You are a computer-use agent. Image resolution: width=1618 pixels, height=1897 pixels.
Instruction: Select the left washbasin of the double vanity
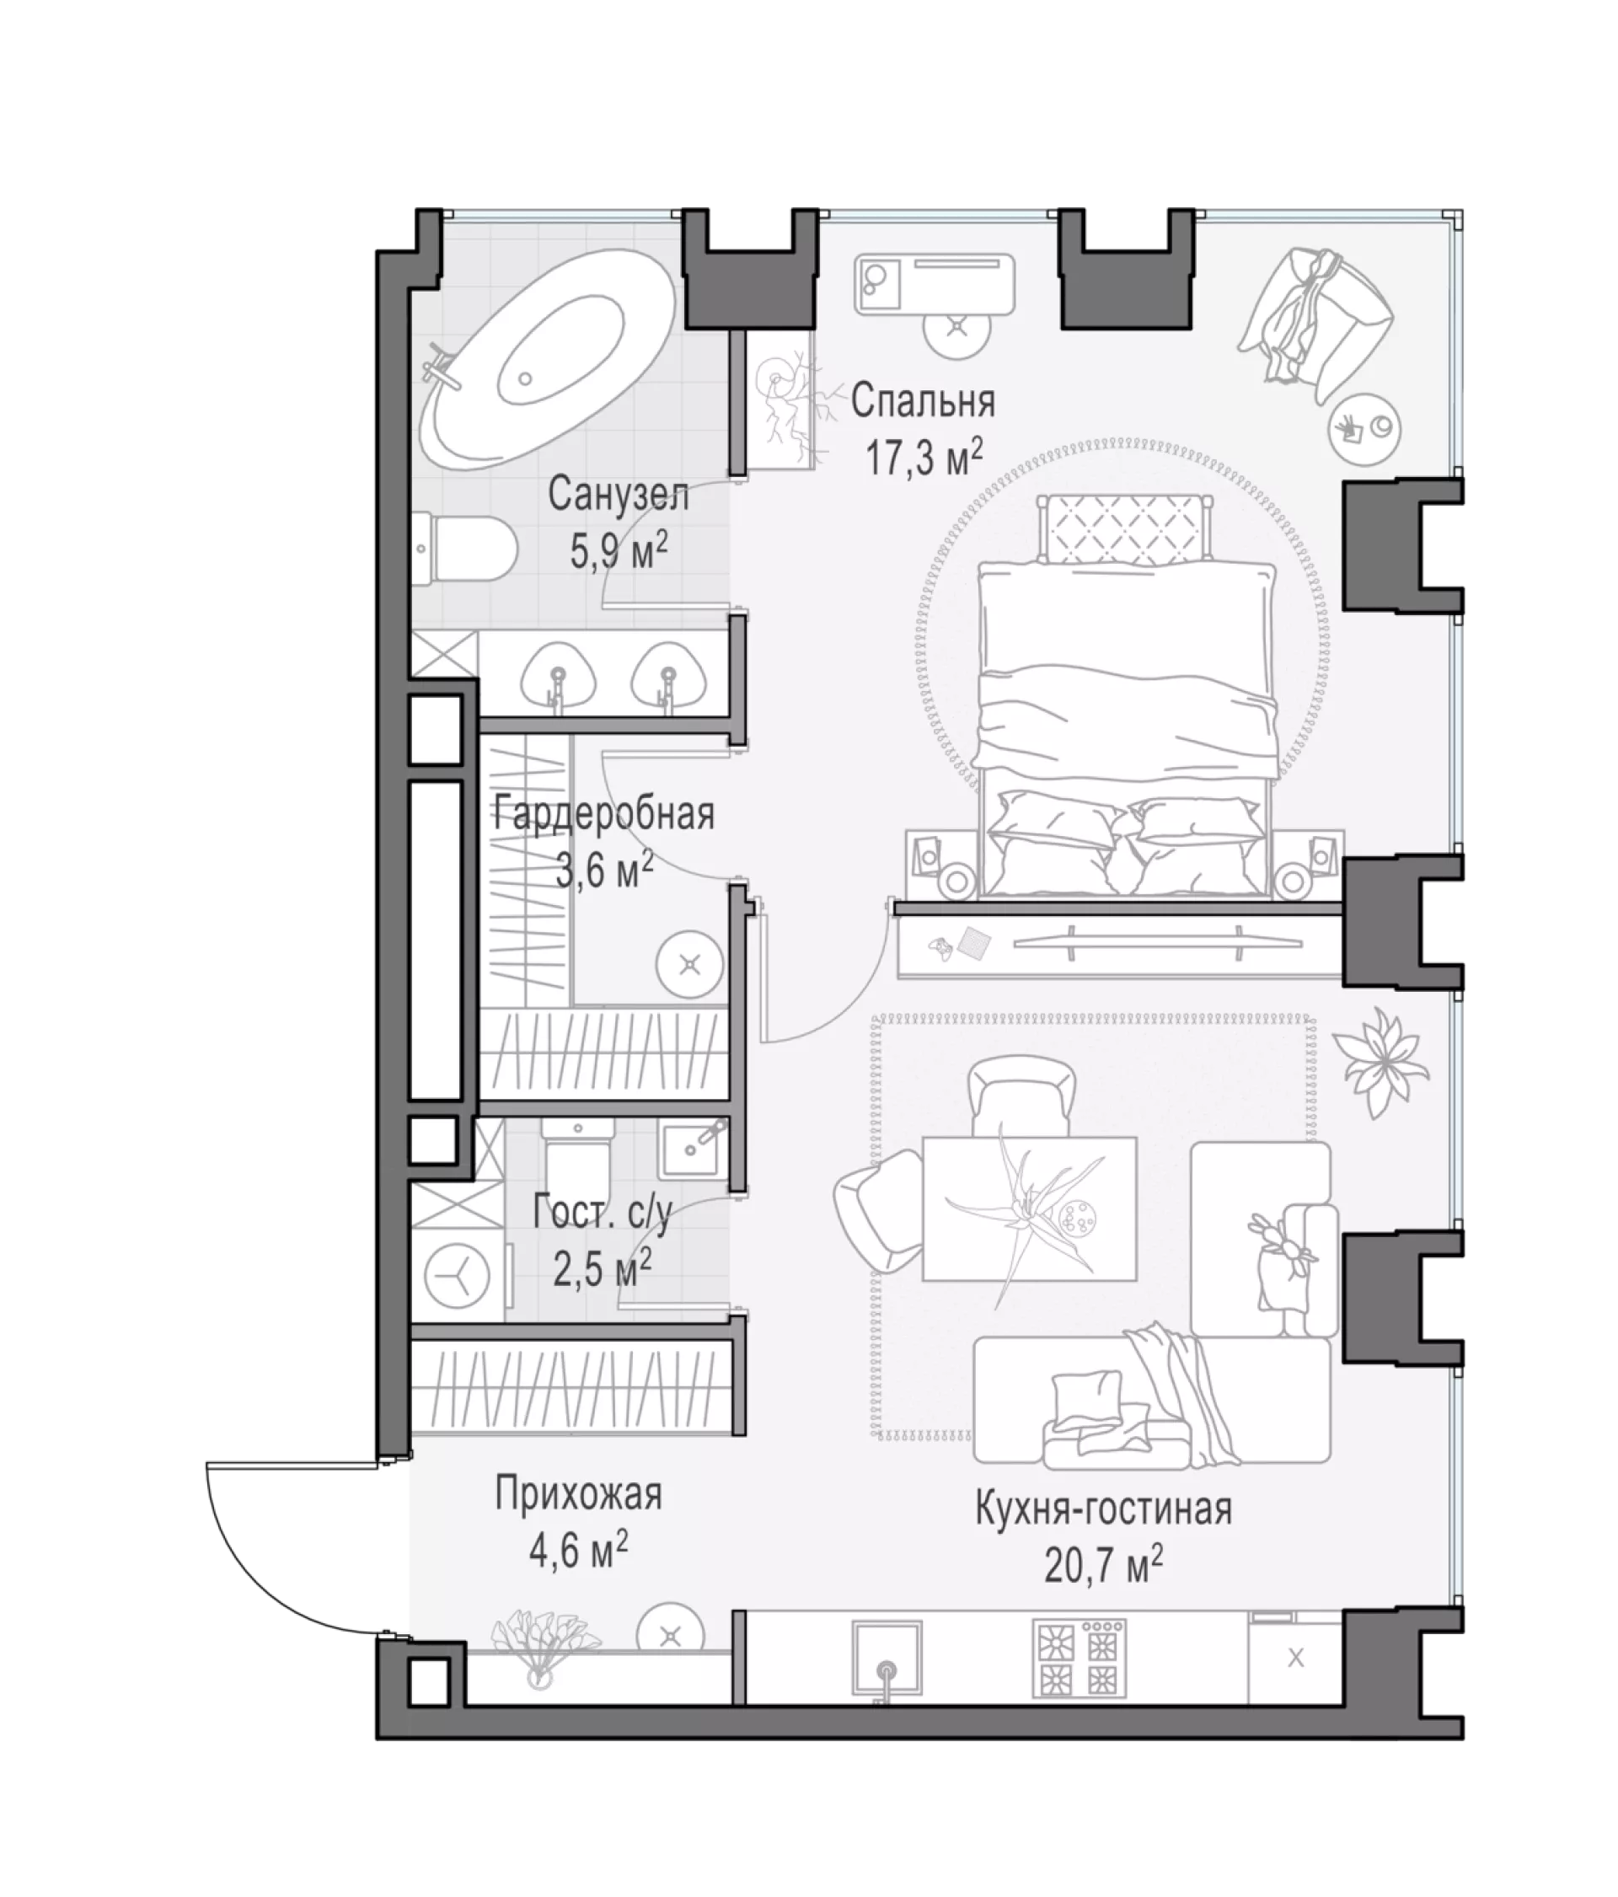click(558, 678)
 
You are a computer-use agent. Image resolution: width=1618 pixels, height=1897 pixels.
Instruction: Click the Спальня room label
click(922, 401)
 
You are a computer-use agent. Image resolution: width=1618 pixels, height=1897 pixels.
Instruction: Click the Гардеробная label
click(603, 813)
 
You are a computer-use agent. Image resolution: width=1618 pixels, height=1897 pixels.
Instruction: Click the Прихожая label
click(578, 1494)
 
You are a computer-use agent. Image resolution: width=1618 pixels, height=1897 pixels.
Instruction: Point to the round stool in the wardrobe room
click(689, 965)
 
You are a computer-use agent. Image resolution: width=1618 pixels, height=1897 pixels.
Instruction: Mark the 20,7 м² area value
click(1103, 1566)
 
